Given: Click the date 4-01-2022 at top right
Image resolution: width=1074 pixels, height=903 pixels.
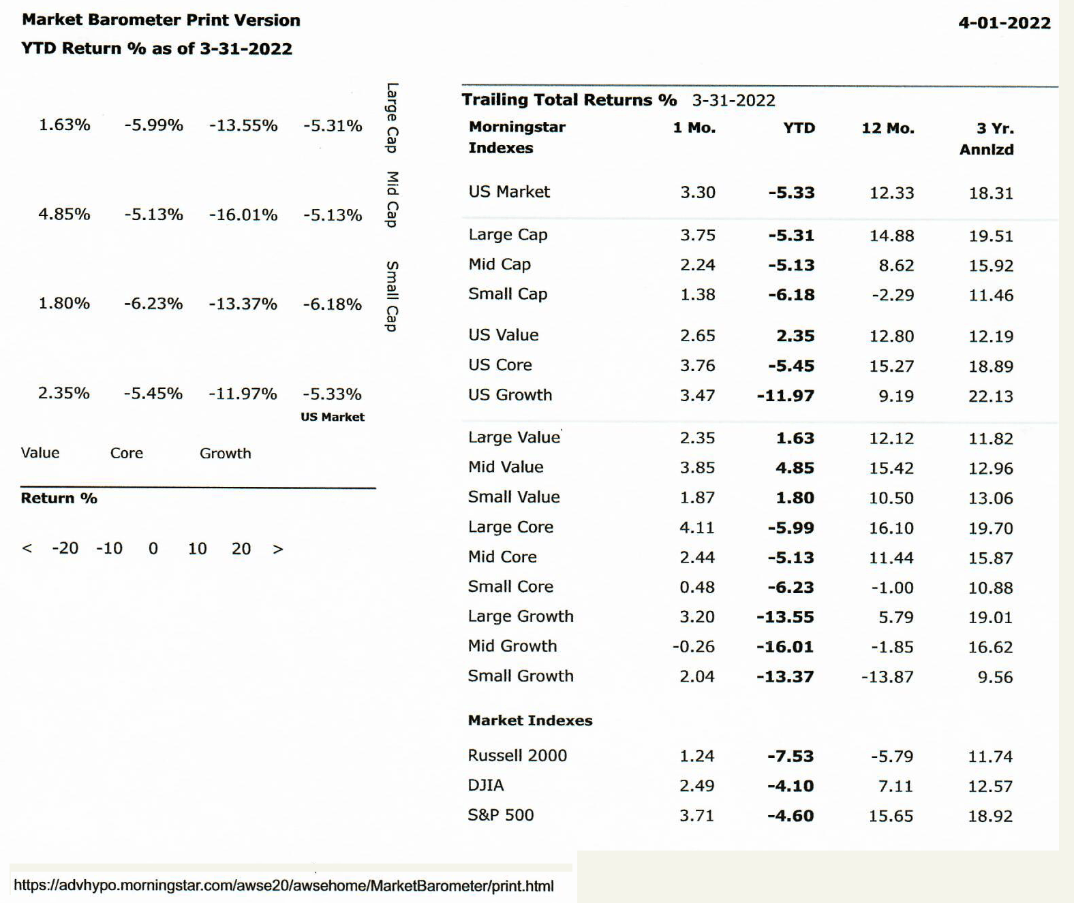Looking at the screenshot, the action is (1004, 23).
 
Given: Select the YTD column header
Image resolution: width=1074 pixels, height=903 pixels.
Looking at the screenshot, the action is (799, 128).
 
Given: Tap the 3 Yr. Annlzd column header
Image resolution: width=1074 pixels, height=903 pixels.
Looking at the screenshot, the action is (987, 139).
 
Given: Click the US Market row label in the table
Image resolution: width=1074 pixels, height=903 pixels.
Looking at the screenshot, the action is (508, 192).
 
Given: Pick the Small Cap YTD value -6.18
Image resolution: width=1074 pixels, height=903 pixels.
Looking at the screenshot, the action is (792, 295).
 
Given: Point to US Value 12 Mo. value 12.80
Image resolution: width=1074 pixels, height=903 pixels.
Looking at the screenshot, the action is (891, 336).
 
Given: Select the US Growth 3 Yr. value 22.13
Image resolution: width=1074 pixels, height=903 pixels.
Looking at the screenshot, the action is (991, 396).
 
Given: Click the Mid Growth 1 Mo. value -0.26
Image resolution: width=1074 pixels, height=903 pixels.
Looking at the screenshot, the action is (693, 646).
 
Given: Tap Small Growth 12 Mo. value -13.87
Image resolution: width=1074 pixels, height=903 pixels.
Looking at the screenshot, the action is (887, 677).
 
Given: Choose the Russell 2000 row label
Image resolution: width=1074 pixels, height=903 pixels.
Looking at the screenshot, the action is (517, 755).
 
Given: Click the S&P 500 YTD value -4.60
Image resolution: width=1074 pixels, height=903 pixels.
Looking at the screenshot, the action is (791, 816).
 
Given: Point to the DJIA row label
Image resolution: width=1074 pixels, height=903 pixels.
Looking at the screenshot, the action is (486, 785).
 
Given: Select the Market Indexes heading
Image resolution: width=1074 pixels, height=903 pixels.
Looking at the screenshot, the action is (530, 720).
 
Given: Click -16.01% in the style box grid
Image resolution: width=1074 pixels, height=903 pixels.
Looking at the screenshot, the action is (243, 215).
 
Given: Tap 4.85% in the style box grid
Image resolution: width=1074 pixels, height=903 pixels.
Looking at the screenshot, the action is (64, 214).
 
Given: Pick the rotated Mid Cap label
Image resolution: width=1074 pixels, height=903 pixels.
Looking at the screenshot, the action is (392, 200).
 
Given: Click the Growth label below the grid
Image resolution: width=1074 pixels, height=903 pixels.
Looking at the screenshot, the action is (226, 454).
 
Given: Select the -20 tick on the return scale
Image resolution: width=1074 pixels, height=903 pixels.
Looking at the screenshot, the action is (65, 549).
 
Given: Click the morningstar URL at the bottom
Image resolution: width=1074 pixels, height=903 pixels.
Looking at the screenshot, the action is (283, 885).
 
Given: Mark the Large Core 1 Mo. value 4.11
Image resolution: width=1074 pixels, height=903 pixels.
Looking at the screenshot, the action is (697, 528).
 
